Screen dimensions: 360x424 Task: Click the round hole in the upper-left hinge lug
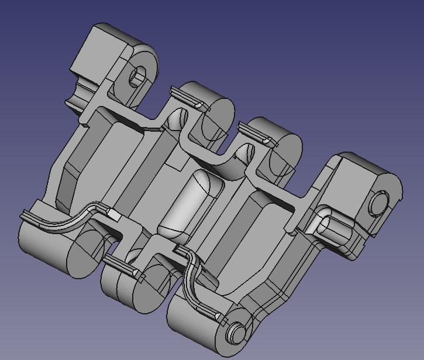138,76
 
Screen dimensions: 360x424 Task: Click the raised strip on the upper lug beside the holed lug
187,98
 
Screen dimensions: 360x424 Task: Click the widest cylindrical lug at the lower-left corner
47,246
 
